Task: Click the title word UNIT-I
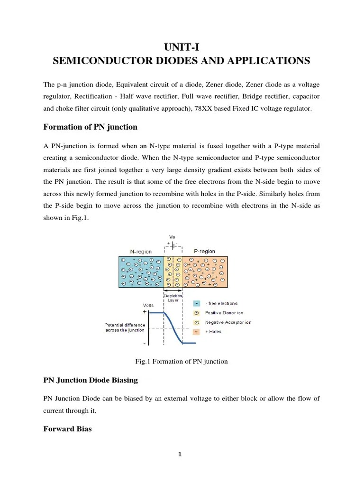click(x=182, y=46)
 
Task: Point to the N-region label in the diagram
click(x=140, y=251)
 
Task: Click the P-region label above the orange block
click(x=204, y=251)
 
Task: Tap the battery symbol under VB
click(x=173, y=246)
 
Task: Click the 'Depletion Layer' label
click(x=173, y=298)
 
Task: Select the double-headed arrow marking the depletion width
click(x=173, y=290)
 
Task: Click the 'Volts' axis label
click(x=148, y=305)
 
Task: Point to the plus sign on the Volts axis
click(x=144, y=312)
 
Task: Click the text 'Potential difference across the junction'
click(x=126, y=327)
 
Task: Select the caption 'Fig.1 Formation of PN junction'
click(x=182, y=362)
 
